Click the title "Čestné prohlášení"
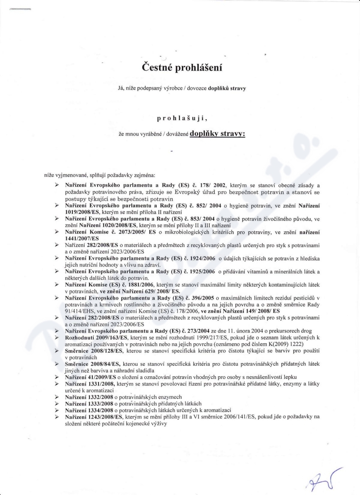pyautogui.click(x=182, y=67)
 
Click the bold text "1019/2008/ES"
pyautogui.click(x=79, y=210)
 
